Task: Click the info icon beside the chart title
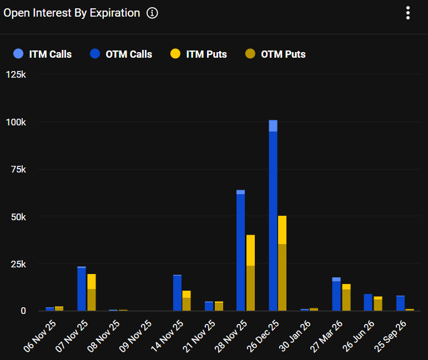pos(152,13)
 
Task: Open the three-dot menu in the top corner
pos(408,13)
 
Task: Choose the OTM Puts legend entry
pos(275,54)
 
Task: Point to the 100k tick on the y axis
pos(16,122)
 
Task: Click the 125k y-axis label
pos(16,74)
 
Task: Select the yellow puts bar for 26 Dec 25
pos(283,263)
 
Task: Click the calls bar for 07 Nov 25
pos(82,289)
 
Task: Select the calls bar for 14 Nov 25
pos(177,293)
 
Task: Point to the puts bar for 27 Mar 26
pos(346,297)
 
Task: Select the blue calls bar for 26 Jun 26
pos(368,302)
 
